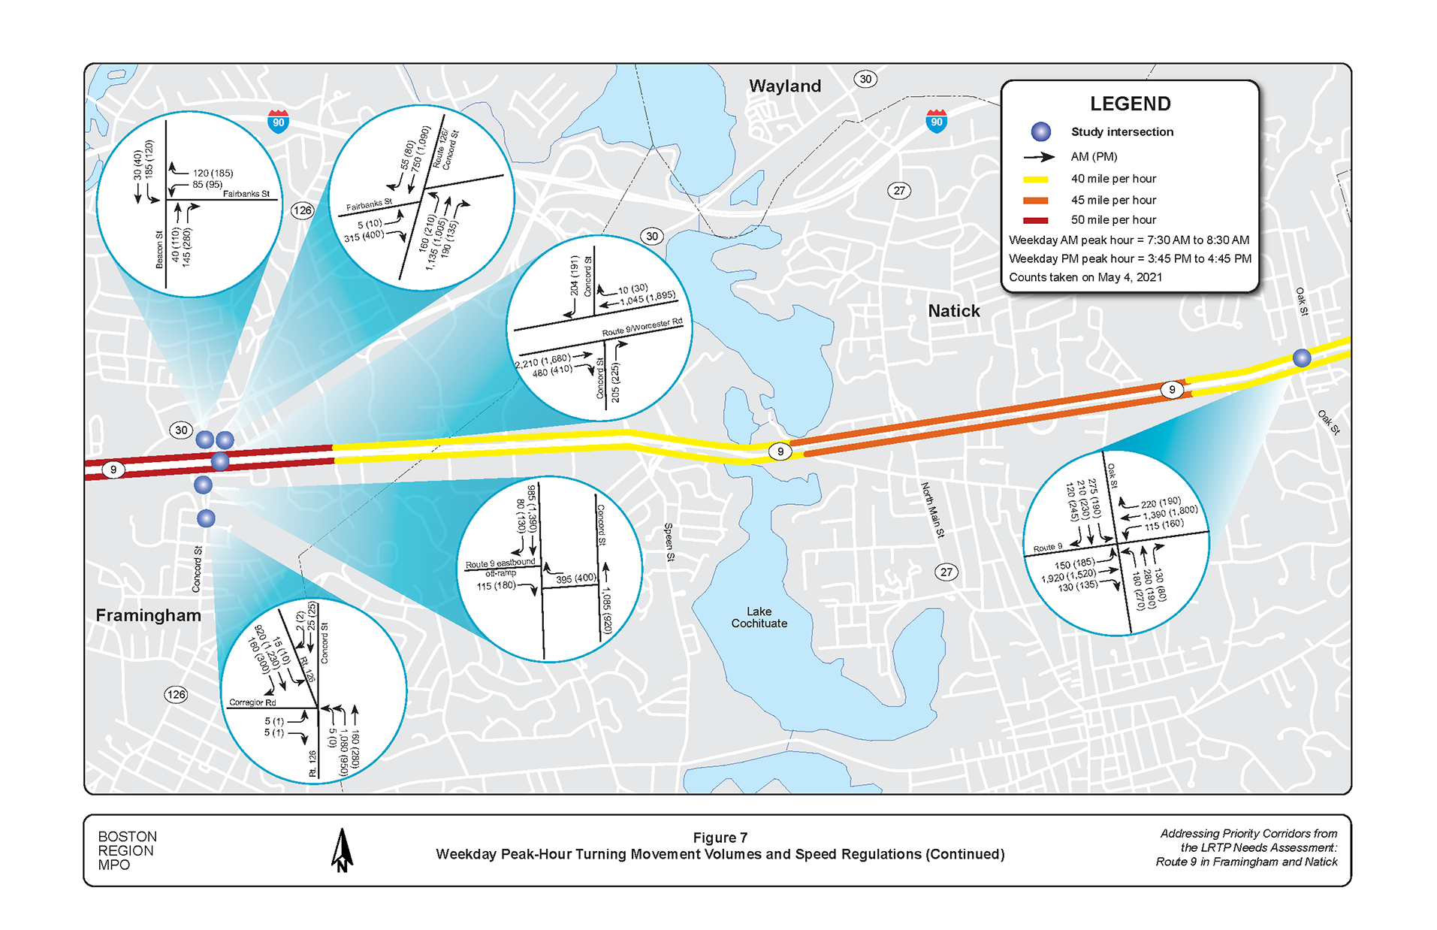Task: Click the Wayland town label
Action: [784, 86]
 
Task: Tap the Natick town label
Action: [953, 311]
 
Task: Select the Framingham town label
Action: [148, 615]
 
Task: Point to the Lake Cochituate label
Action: [759, 617]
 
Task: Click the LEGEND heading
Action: [1130, 104]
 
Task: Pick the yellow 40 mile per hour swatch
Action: [1035, 180]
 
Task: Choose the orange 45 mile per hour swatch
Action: [1035, 201]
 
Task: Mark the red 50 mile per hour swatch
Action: [1035, 220]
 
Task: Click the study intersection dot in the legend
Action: [1040, 132]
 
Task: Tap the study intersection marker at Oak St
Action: [1302, 358]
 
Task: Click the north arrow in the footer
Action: [342, 850]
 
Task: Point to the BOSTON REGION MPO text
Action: [127, 850]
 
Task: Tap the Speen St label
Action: [669, 542]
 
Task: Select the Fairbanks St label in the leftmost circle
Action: [246, 194]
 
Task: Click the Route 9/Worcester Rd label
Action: [642, 328]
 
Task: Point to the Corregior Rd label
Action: [252, 702]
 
